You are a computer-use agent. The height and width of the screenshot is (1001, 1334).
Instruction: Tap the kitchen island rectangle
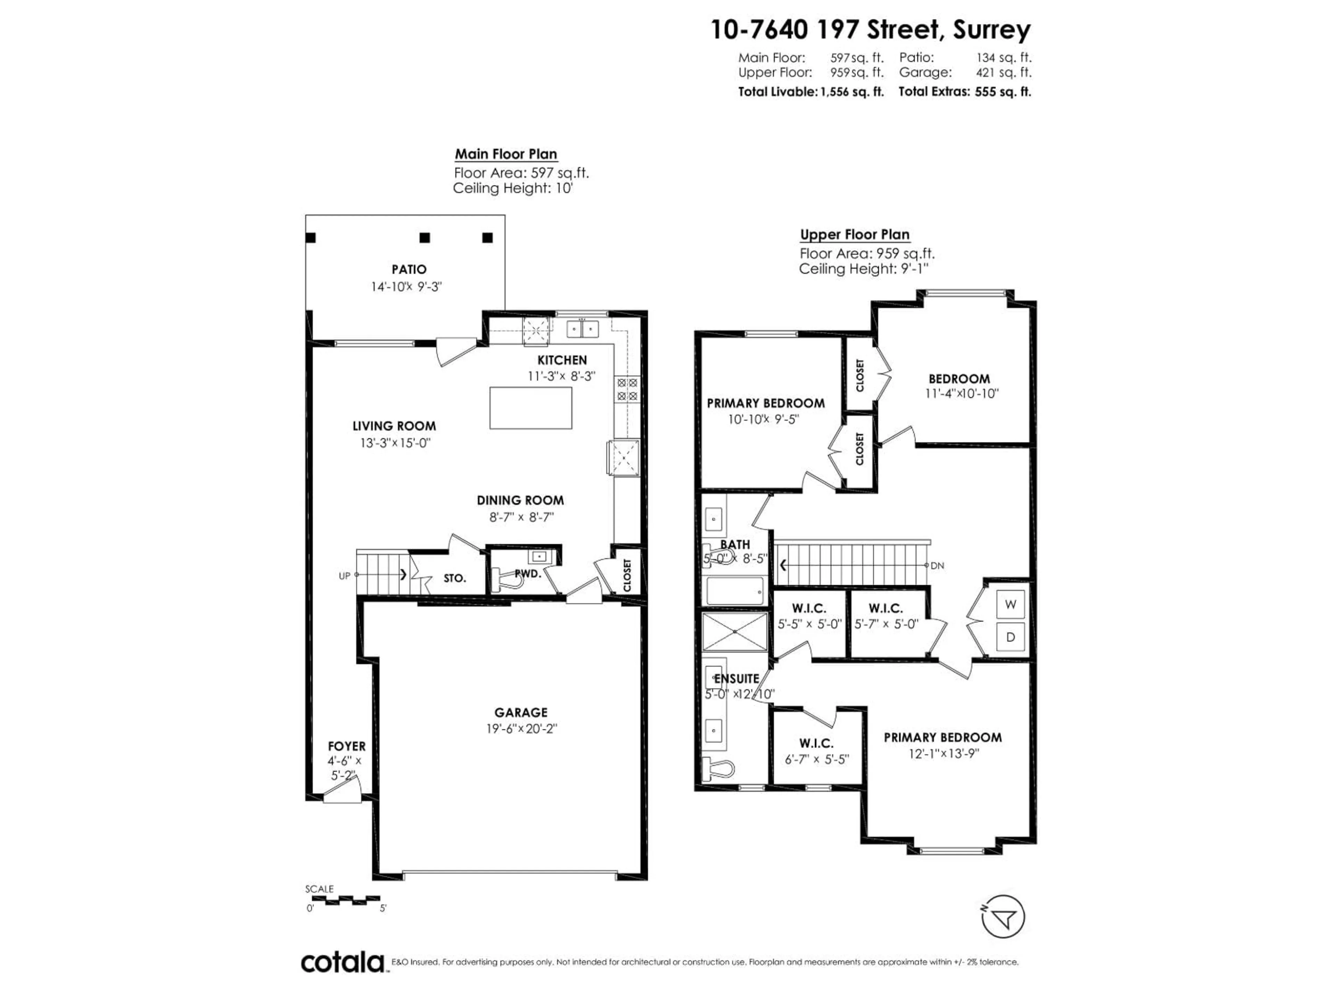click(531, 408)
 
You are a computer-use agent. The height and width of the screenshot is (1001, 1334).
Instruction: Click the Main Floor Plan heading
click(505, 154)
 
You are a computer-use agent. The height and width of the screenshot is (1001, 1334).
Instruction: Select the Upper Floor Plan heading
click(855, 235)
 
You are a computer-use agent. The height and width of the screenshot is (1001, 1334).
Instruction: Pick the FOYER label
click(347, 746)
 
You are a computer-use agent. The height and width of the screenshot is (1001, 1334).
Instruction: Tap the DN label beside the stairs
click(937, 565)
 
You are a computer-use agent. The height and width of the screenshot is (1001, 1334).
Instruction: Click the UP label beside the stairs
click(344, 576)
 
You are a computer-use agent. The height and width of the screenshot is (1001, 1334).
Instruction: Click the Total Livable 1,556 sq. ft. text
click(810, 92)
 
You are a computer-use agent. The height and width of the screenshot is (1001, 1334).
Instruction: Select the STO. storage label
click(455, 578)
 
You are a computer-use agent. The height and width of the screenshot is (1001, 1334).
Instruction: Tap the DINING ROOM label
click(520, 500)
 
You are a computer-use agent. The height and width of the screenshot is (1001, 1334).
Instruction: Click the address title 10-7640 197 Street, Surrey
click(870, 30)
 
